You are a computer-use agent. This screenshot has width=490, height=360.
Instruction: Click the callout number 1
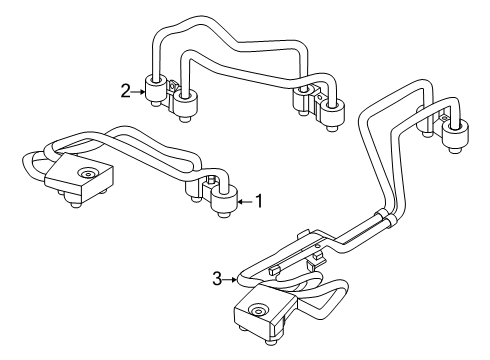258,200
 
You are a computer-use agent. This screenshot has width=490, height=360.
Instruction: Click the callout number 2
125,91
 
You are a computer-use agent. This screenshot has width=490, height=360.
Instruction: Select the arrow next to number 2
140,91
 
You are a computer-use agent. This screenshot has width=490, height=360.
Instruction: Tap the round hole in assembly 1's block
87,174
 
